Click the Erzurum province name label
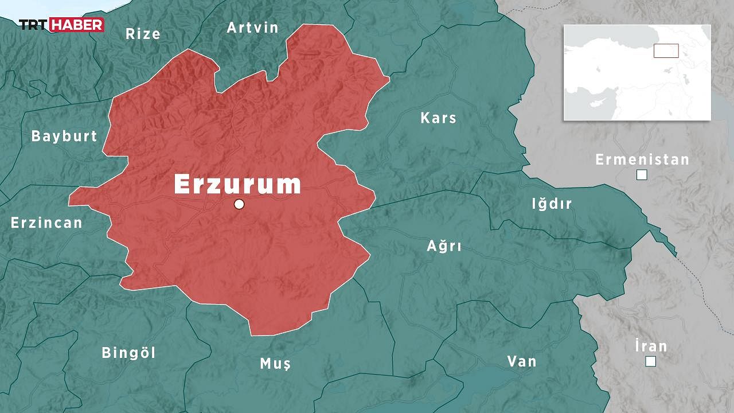(237, 185)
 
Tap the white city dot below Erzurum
(239, 204)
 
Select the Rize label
(143, 34)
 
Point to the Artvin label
(252, 28)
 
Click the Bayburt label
(64, 137)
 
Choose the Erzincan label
(46, 223)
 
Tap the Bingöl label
(128, 353)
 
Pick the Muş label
(275, 364)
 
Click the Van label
(522, 361)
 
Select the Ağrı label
(444, 247)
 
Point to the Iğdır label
(552, 204)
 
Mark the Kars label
(439, 118)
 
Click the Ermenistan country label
(642, 159)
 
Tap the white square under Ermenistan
(642, 176)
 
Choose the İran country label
(651, 346)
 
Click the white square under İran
(650, 361)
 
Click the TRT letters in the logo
(34, 25)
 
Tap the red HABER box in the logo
(77, 25)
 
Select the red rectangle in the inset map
(666, 50)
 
